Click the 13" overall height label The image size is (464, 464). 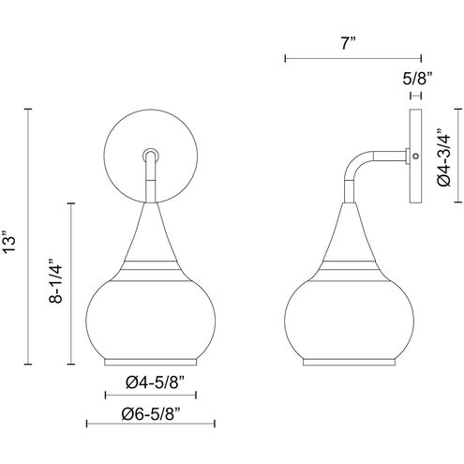click(x=8, y=242)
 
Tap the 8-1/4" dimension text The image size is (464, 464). click(x=55, y=280)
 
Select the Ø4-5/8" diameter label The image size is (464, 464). click(x=156, y=382)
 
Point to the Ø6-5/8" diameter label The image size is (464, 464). click(x=151, y=413)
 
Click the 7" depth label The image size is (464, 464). click(x=349, y=43)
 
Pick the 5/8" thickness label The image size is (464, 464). click(x=417, y=79)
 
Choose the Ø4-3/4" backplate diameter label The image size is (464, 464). click(x=444, y=157)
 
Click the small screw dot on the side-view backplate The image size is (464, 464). click(x=415, y=156)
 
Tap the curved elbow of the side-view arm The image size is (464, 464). click(x=355, y=164)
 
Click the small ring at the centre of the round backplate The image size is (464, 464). click(x=151, y=155)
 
